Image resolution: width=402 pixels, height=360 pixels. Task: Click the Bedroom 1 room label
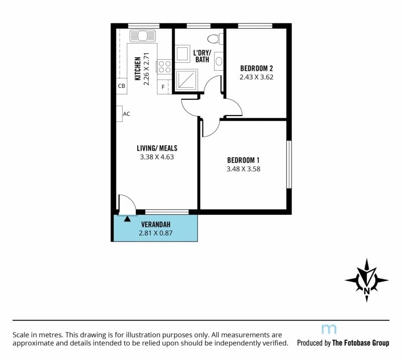pos(243,160)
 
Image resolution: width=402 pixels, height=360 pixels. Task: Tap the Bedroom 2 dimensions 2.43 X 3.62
pos(256,77)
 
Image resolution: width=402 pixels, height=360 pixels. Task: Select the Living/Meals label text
pos(157,148)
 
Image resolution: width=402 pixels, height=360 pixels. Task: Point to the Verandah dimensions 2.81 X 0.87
pos(156,233)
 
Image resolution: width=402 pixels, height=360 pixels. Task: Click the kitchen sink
pos(143,36)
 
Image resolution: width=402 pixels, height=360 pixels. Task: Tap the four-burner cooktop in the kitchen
pos(164,66)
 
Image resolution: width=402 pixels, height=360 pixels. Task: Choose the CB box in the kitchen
pos(122,86)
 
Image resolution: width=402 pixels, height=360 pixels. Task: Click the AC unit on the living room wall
pos(119,114)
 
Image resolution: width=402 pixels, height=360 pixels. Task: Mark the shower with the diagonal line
pos(186,80)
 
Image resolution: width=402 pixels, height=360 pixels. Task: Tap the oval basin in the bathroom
pos(219,61)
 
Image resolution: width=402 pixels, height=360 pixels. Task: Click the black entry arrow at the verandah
pos(128,219)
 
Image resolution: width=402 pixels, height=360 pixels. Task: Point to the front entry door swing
pos(127,204)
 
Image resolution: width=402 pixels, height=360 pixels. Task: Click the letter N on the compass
pos(367,291)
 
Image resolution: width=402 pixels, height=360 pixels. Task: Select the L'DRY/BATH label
pos(202,56)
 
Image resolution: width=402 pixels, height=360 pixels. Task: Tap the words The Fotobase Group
pos(361,343)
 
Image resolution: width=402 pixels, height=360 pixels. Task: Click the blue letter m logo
pos(329,329)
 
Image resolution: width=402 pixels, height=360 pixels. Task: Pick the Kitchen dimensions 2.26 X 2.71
pos(146,69)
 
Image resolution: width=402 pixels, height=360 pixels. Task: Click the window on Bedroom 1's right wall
pos(289,164)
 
